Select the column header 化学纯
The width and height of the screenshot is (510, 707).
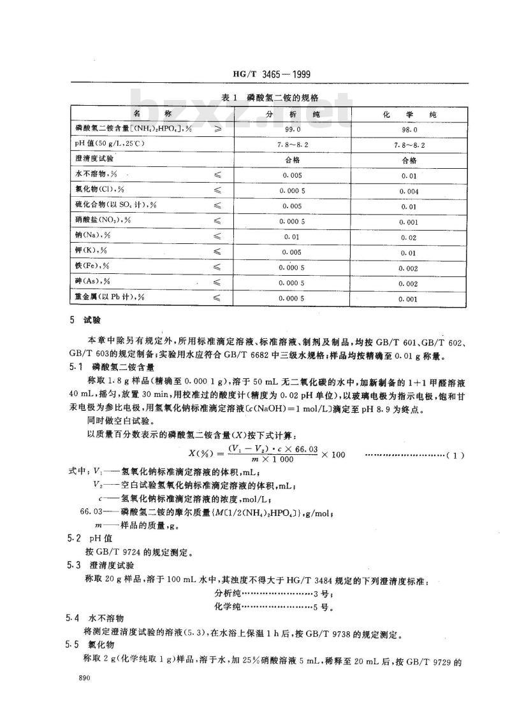click(x=408, y=113)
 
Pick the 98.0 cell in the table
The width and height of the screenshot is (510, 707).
click(x=408, y=128)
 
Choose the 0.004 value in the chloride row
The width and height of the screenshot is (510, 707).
click(x=408, y=190)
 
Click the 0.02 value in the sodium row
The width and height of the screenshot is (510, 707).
click(x=408, y=236)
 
